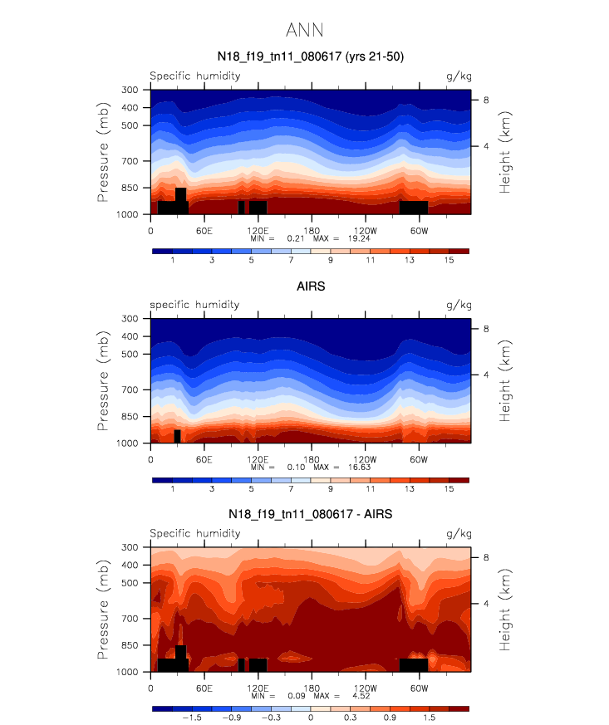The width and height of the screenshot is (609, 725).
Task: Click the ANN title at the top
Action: pyautogui.click(x=304, y=31)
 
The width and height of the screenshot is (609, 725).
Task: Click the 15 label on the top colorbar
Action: pyautogui.click(x=449, y=261)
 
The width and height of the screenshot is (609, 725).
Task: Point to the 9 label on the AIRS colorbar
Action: pyautogui.click(x=331, y=490)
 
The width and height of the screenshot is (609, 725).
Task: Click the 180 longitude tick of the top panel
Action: pyautogui.click(x=311, y=229)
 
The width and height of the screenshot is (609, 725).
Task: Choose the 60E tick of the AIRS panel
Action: pyautogui.click(x=204, y=458)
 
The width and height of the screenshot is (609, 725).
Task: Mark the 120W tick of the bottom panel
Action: pyautogui.click(x=365, y=688)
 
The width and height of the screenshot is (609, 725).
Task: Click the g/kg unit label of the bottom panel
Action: pyautogui.click(x=458, y=534)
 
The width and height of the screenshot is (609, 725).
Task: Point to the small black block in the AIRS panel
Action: pyautogui.click(x=177, y=436)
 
